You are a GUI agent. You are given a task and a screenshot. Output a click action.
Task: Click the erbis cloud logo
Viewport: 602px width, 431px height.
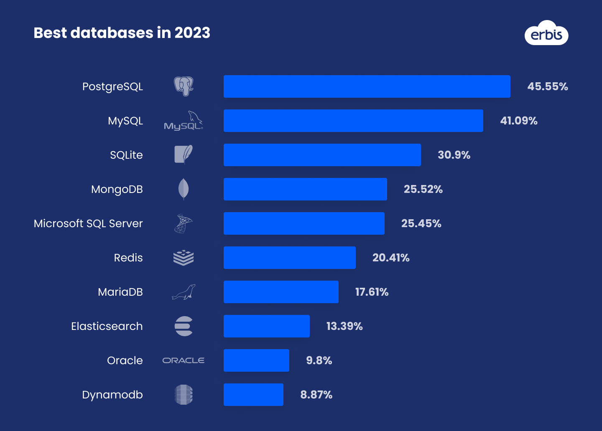point(546,33)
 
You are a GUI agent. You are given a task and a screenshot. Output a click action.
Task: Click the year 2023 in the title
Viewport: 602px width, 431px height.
point(192,33)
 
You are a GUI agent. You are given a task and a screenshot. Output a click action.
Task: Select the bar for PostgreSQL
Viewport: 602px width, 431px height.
point(367,86)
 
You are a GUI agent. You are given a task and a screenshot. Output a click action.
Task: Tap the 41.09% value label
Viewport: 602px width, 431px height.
point(518,121)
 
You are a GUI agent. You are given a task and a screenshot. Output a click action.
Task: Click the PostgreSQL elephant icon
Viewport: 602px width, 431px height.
point(184,86)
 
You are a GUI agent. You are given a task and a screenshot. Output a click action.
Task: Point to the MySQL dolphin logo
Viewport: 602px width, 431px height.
point(184,121)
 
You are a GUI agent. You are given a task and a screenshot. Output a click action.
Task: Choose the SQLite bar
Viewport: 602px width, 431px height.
point(322,155)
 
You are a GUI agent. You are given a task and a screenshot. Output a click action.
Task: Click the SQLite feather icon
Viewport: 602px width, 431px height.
point(184,155)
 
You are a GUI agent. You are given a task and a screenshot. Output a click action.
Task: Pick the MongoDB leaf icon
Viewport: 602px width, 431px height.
point(184,189)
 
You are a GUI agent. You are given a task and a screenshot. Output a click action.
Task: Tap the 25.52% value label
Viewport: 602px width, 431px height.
point(423,189)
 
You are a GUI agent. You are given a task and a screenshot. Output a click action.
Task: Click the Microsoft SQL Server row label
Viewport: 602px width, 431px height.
point(88,223)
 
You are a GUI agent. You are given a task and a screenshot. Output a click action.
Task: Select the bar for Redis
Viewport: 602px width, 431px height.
point(289,258)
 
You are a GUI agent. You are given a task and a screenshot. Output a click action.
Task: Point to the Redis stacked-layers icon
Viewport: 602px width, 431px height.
point(184,258)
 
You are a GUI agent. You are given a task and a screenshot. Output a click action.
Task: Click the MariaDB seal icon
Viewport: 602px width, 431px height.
point(184,292)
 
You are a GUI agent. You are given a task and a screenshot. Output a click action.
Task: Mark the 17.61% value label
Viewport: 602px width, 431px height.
point(372,292)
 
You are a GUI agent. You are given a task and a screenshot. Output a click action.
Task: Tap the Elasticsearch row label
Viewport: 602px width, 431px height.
point(107,326)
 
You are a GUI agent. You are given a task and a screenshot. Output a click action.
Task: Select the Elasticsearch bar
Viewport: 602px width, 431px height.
point(266,326)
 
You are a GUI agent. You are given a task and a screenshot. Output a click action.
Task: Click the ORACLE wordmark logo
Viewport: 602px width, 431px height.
point(184,360)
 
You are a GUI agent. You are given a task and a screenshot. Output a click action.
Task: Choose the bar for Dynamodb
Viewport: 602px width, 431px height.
point(253,395)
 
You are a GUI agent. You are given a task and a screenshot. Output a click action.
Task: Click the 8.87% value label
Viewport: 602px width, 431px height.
point(316,395)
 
